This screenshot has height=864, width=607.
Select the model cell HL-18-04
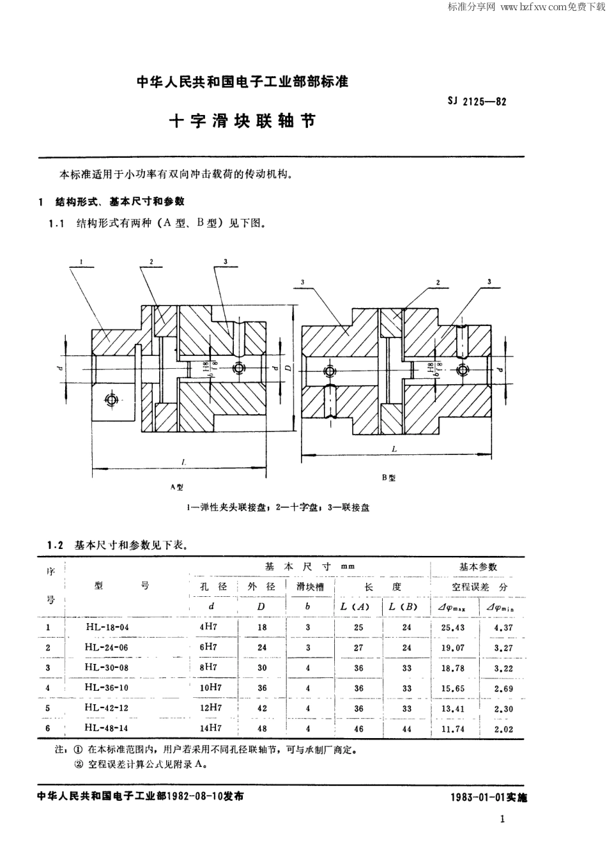107,627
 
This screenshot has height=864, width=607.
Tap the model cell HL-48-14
107,728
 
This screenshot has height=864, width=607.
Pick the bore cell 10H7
211,688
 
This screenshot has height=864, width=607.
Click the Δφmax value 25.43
452,627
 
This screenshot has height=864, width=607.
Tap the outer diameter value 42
262,708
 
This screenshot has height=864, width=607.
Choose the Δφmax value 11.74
452,729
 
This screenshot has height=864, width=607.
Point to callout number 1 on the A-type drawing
83,261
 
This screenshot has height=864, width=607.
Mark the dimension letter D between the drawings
289,369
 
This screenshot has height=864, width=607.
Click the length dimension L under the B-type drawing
394,449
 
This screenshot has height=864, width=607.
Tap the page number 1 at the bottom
503,819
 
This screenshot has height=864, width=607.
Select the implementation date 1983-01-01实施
489,798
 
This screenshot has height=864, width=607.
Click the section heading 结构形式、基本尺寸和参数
120,201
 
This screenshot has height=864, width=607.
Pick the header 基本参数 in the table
478,567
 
